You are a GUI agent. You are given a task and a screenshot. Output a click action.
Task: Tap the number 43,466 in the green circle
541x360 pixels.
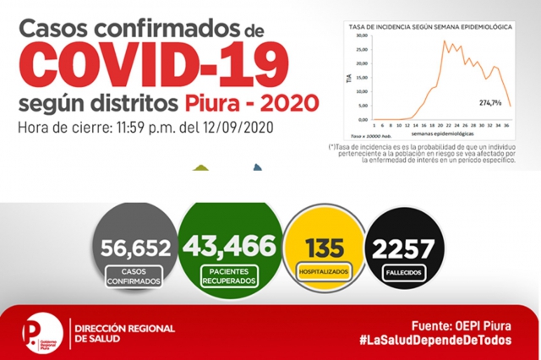coord(227,246)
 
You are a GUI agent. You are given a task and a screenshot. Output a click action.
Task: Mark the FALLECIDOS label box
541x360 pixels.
coord(406,275)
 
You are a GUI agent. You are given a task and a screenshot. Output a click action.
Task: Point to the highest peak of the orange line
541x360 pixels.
coord(445,41)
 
